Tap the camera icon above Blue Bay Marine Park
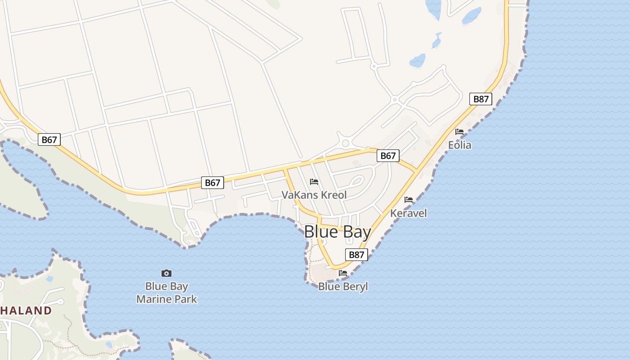pyautogui.click(x=166, y=273)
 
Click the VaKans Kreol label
pyautogui.click(x=314, y=195)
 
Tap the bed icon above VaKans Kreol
pyautogui.click(x=314, y=181)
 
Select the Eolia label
pyautogui.click(x=459, y=145)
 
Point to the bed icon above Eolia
pyautogui.click(x=459, y=132)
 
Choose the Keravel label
pyautogui.click(x=409, y=213)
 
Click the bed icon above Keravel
pyautogui.click(x=409, y=199)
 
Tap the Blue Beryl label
pyautogui.click(x=343, y=286)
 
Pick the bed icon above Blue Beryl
pyautogui.click(x=343, y=273)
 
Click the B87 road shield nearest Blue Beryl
pyautogui.click(x=356, y=255)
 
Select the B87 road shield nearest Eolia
pyautogui.click(x=481, y=99)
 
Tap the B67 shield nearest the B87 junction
pyautogui.click(x=388, y=156)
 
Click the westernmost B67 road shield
pyautogui.click(x=49, y=139)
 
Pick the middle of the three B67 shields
pyautogui.click(x=212, y=182)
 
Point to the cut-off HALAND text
pyautogui.click(x=26, y=310)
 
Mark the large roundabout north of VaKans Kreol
pyautogui.click(x=346, y=144)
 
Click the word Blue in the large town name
pyautogui.click(x=320, y=232)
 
